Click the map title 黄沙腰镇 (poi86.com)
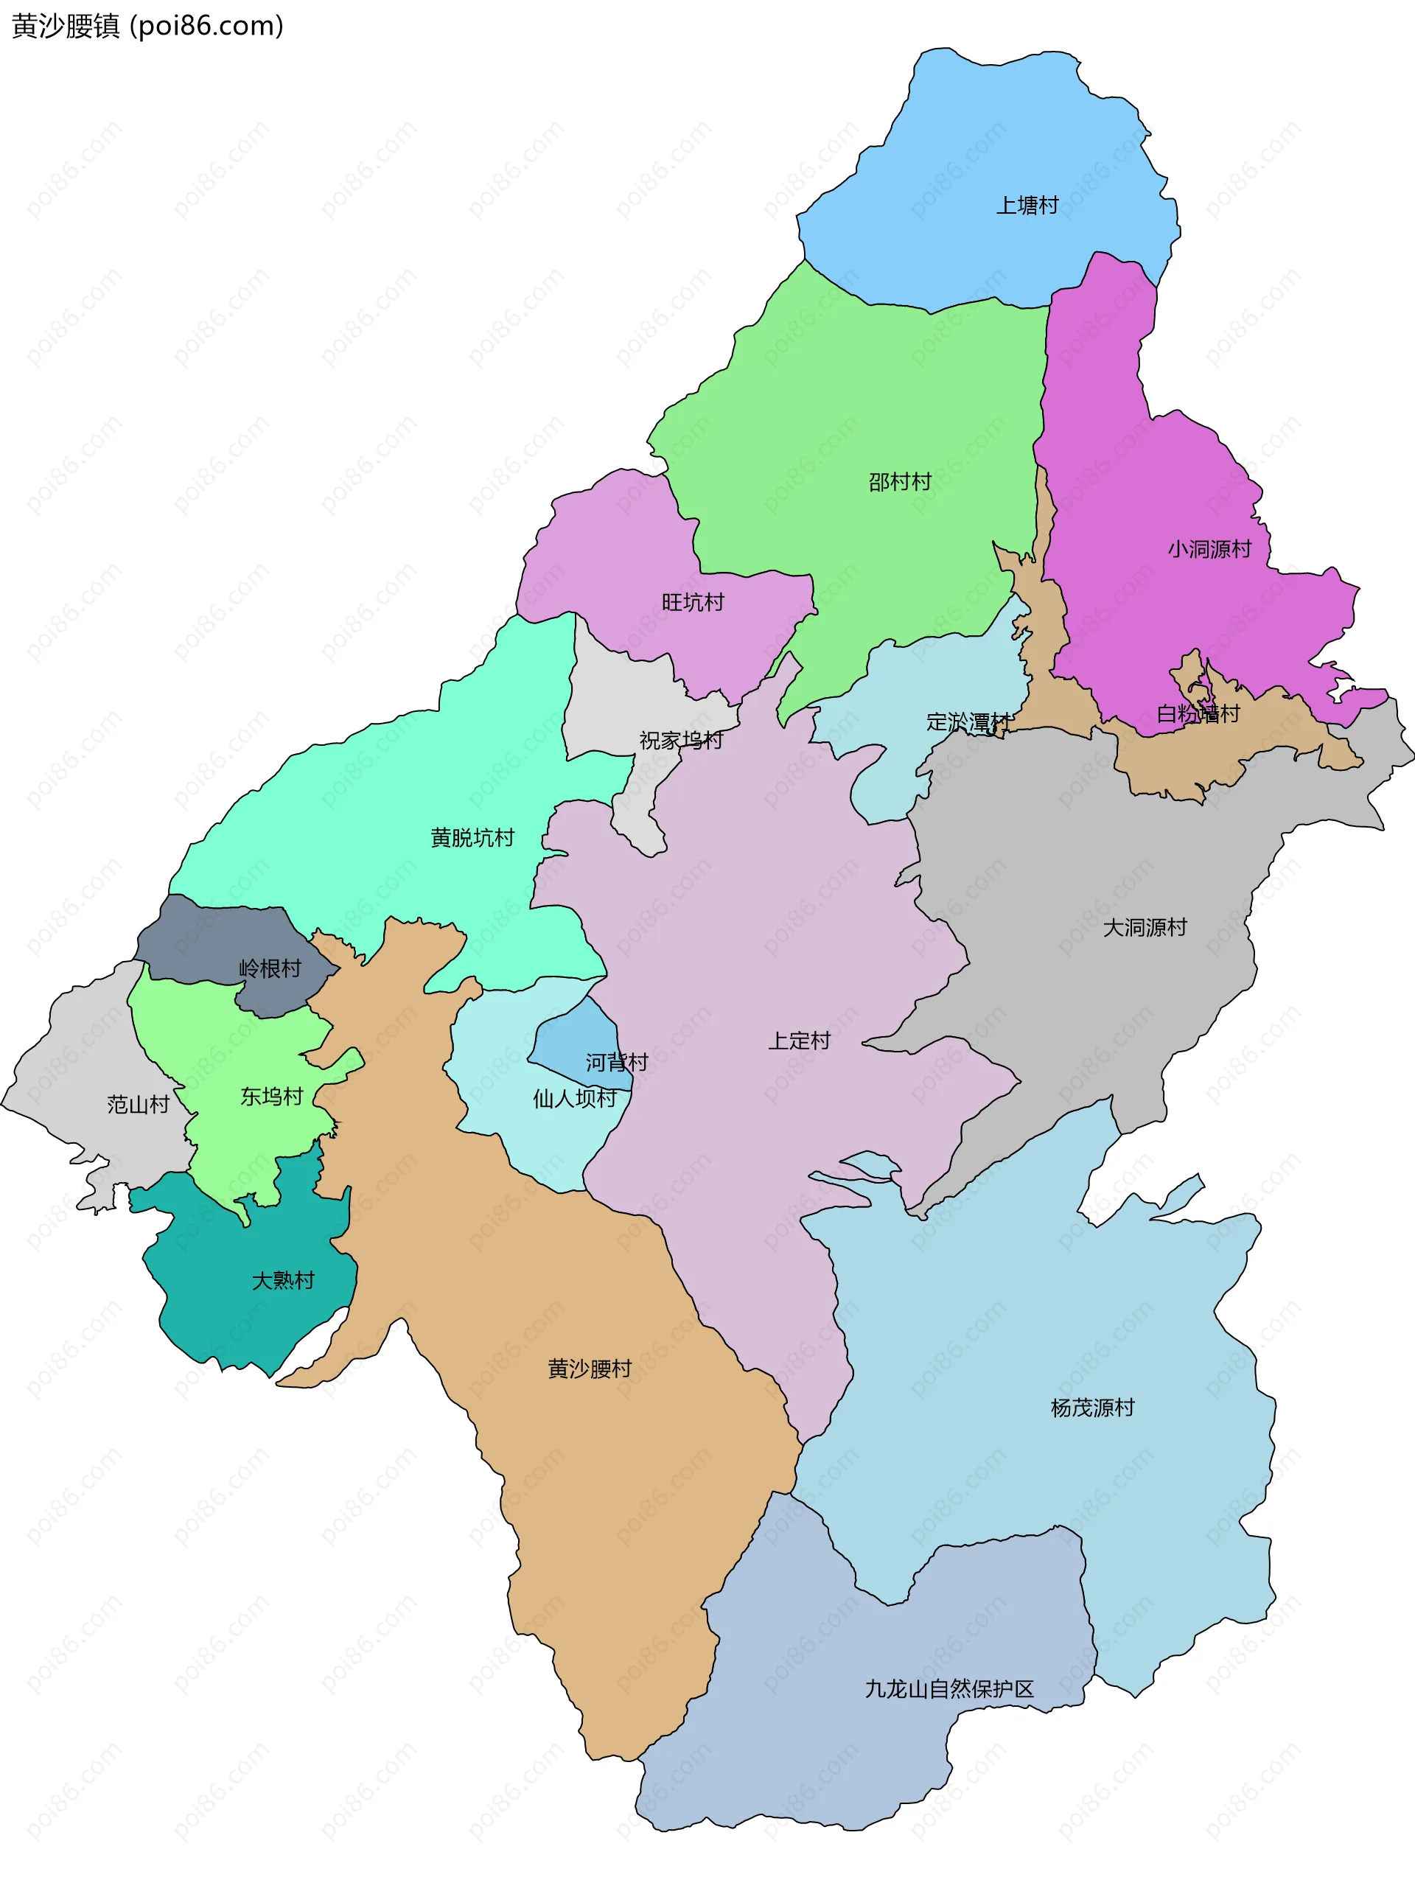[x=147, y=27]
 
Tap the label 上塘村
[x=1027, y=206]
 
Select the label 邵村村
[x=899, y=482]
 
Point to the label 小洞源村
[x=1209, y=549]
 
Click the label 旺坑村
[x=693, y=603]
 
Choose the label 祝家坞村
[x=681, y=740]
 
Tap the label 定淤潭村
[x=968, y=722]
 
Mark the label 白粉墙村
[x=1198, y=714]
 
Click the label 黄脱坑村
[x=472, y=838]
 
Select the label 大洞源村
[x=1144, y=927]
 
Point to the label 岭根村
[x=270, y=969]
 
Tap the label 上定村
[x=799, y=1041]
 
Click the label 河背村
[x=616, y=1063]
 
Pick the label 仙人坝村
[x=575, y=1099]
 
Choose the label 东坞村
[x=271, y=1097]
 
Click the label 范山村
[x=138, y=1104]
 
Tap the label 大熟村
[x=283, y=1280]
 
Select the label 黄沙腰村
[x=589, y=1369]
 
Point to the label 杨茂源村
[x=1092, y=1408]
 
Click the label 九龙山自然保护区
[x=948, y=1689]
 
